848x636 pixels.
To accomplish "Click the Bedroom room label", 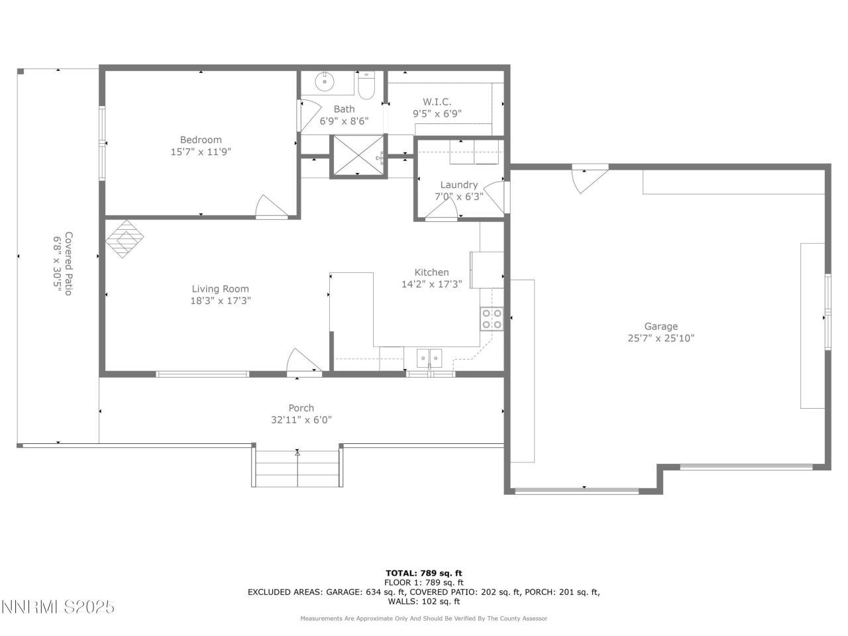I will (201, 140).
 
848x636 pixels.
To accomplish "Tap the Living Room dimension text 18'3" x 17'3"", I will (221, 301).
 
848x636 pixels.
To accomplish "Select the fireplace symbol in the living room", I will (125, 239).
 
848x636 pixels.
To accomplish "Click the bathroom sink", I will (325, 83).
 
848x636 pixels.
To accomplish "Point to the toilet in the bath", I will (366, 85).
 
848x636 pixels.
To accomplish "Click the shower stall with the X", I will (358, 156).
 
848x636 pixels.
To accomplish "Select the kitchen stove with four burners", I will (492, 319).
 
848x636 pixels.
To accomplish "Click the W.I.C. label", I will (437, 101).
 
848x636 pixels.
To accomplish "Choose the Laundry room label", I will (458, 185).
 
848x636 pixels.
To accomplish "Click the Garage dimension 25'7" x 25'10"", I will (661, 338).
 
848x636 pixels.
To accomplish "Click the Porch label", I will (301, 408).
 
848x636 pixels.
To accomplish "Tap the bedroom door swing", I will (270, 207).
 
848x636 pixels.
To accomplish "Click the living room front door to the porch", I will (303, 362).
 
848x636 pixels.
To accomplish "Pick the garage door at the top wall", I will (588, 178).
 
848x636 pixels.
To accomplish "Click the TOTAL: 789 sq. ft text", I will (424, 573).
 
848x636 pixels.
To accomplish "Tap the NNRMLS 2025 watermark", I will (58, 607).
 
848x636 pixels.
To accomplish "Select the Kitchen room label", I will (431, 272).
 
